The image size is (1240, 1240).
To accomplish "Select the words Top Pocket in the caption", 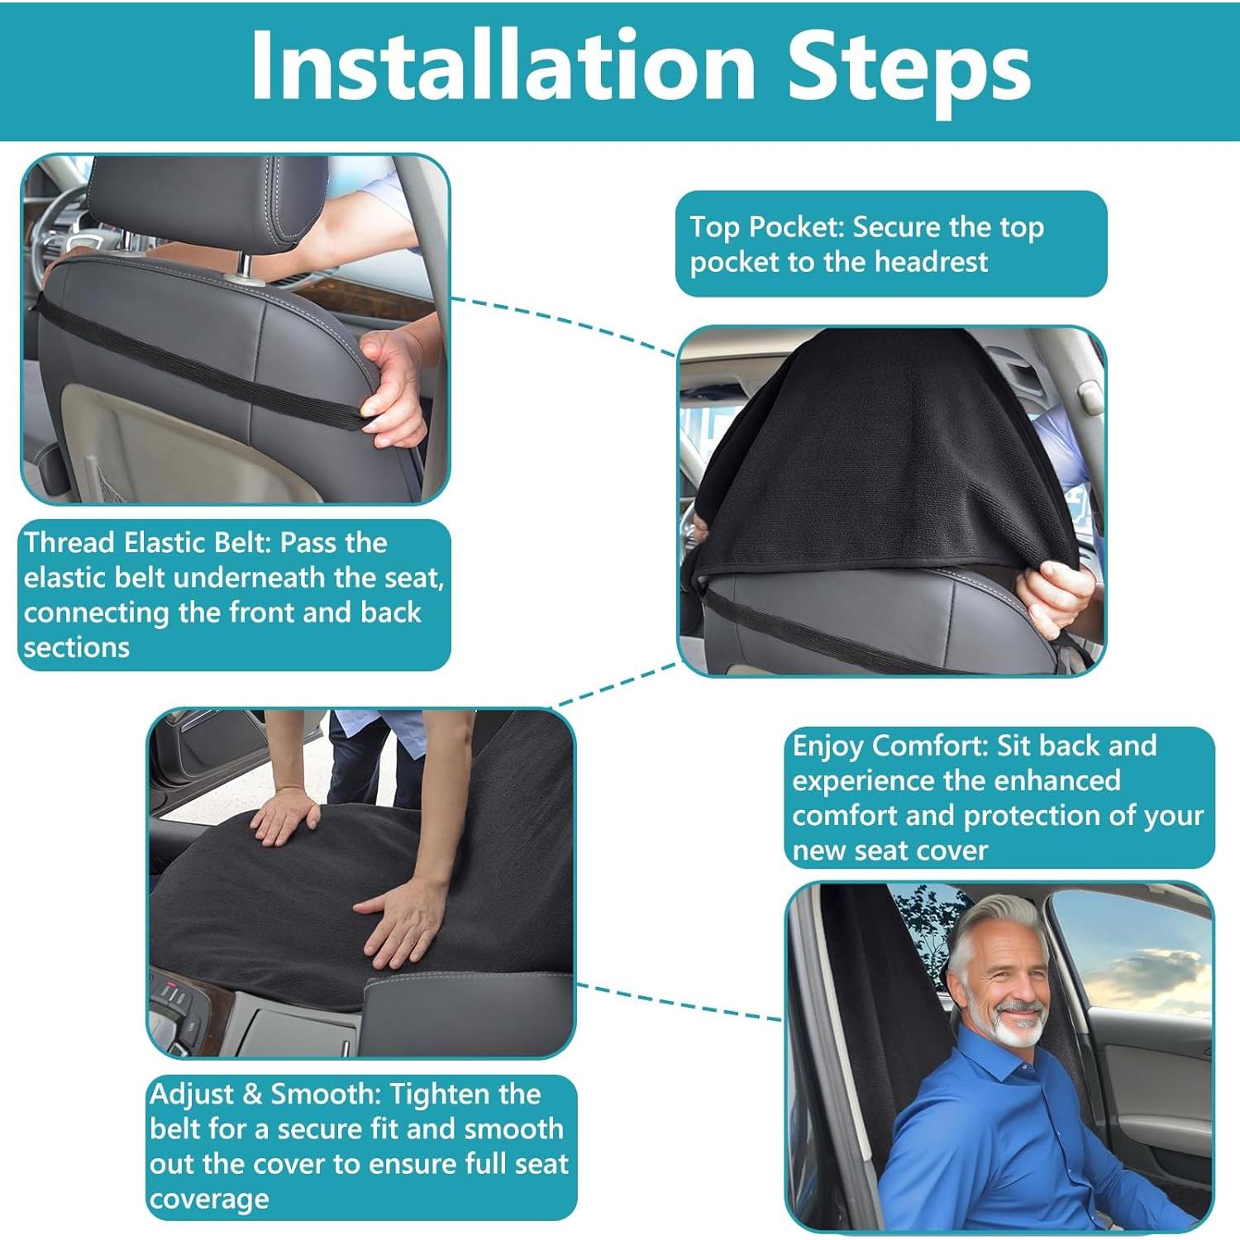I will (765, 227).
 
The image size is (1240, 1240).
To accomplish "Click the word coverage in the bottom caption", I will (209, 1199).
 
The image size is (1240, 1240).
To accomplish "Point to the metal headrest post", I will (246, 266).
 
